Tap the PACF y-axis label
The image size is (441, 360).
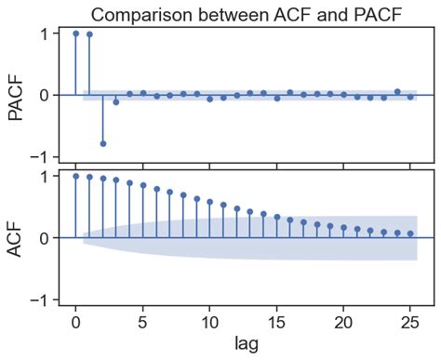click(x=16, y=95)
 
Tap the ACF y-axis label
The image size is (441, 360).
click(x=16, y=237)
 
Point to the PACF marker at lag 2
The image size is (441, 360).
click(x=102, y=143)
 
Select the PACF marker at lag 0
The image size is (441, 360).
click(x=76, y=33)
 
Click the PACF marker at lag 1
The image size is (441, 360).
click(x=89, y=34)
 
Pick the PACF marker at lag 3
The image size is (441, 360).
click(x=116, y=101)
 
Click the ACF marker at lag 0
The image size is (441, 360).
click(x=76, y=176)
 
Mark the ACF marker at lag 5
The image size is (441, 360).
click(x=143, y=185)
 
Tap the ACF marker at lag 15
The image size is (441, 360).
click(x=276, y=217)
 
